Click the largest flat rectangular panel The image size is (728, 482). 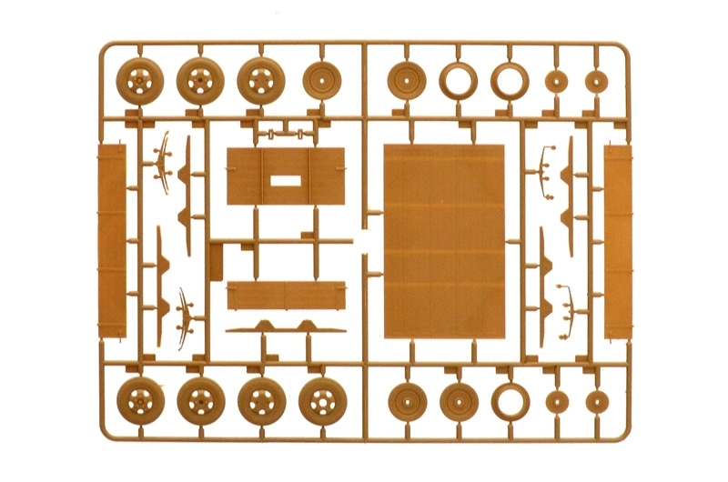click(443, 240)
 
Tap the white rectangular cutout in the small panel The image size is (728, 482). click(286, 179)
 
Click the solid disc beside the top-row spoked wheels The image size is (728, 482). click(319, 81)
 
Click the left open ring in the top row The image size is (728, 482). click(457, 81)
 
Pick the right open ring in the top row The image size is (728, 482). click(510, 81)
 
